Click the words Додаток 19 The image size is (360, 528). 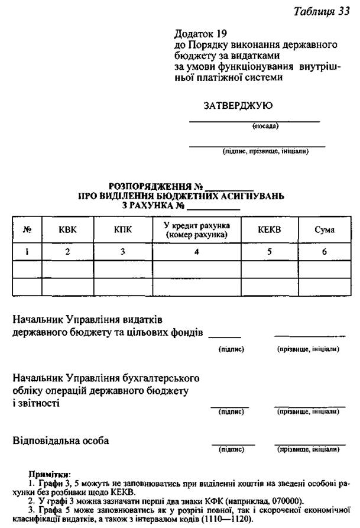(201, 34)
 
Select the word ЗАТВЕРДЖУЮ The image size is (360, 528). (238, 106)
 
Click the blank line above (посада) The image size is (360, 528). (254, 121)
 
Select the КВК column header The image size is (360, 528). (67, 230)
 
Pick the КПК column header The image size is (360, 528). (122, 230)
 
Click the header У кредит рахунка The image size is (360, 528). (197, 225)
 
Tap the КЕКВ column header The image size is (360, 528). (269, 230)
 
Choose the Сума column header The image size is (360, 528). (324, 230)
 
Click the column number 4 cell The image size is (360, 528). (196, 252)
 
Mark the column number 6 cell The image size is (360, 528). (324, 252)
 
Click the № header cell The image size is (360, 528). (27, 230)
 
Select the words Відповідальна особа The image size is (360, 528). (60, 441)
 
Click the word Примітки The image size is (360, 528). (49, 474)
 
